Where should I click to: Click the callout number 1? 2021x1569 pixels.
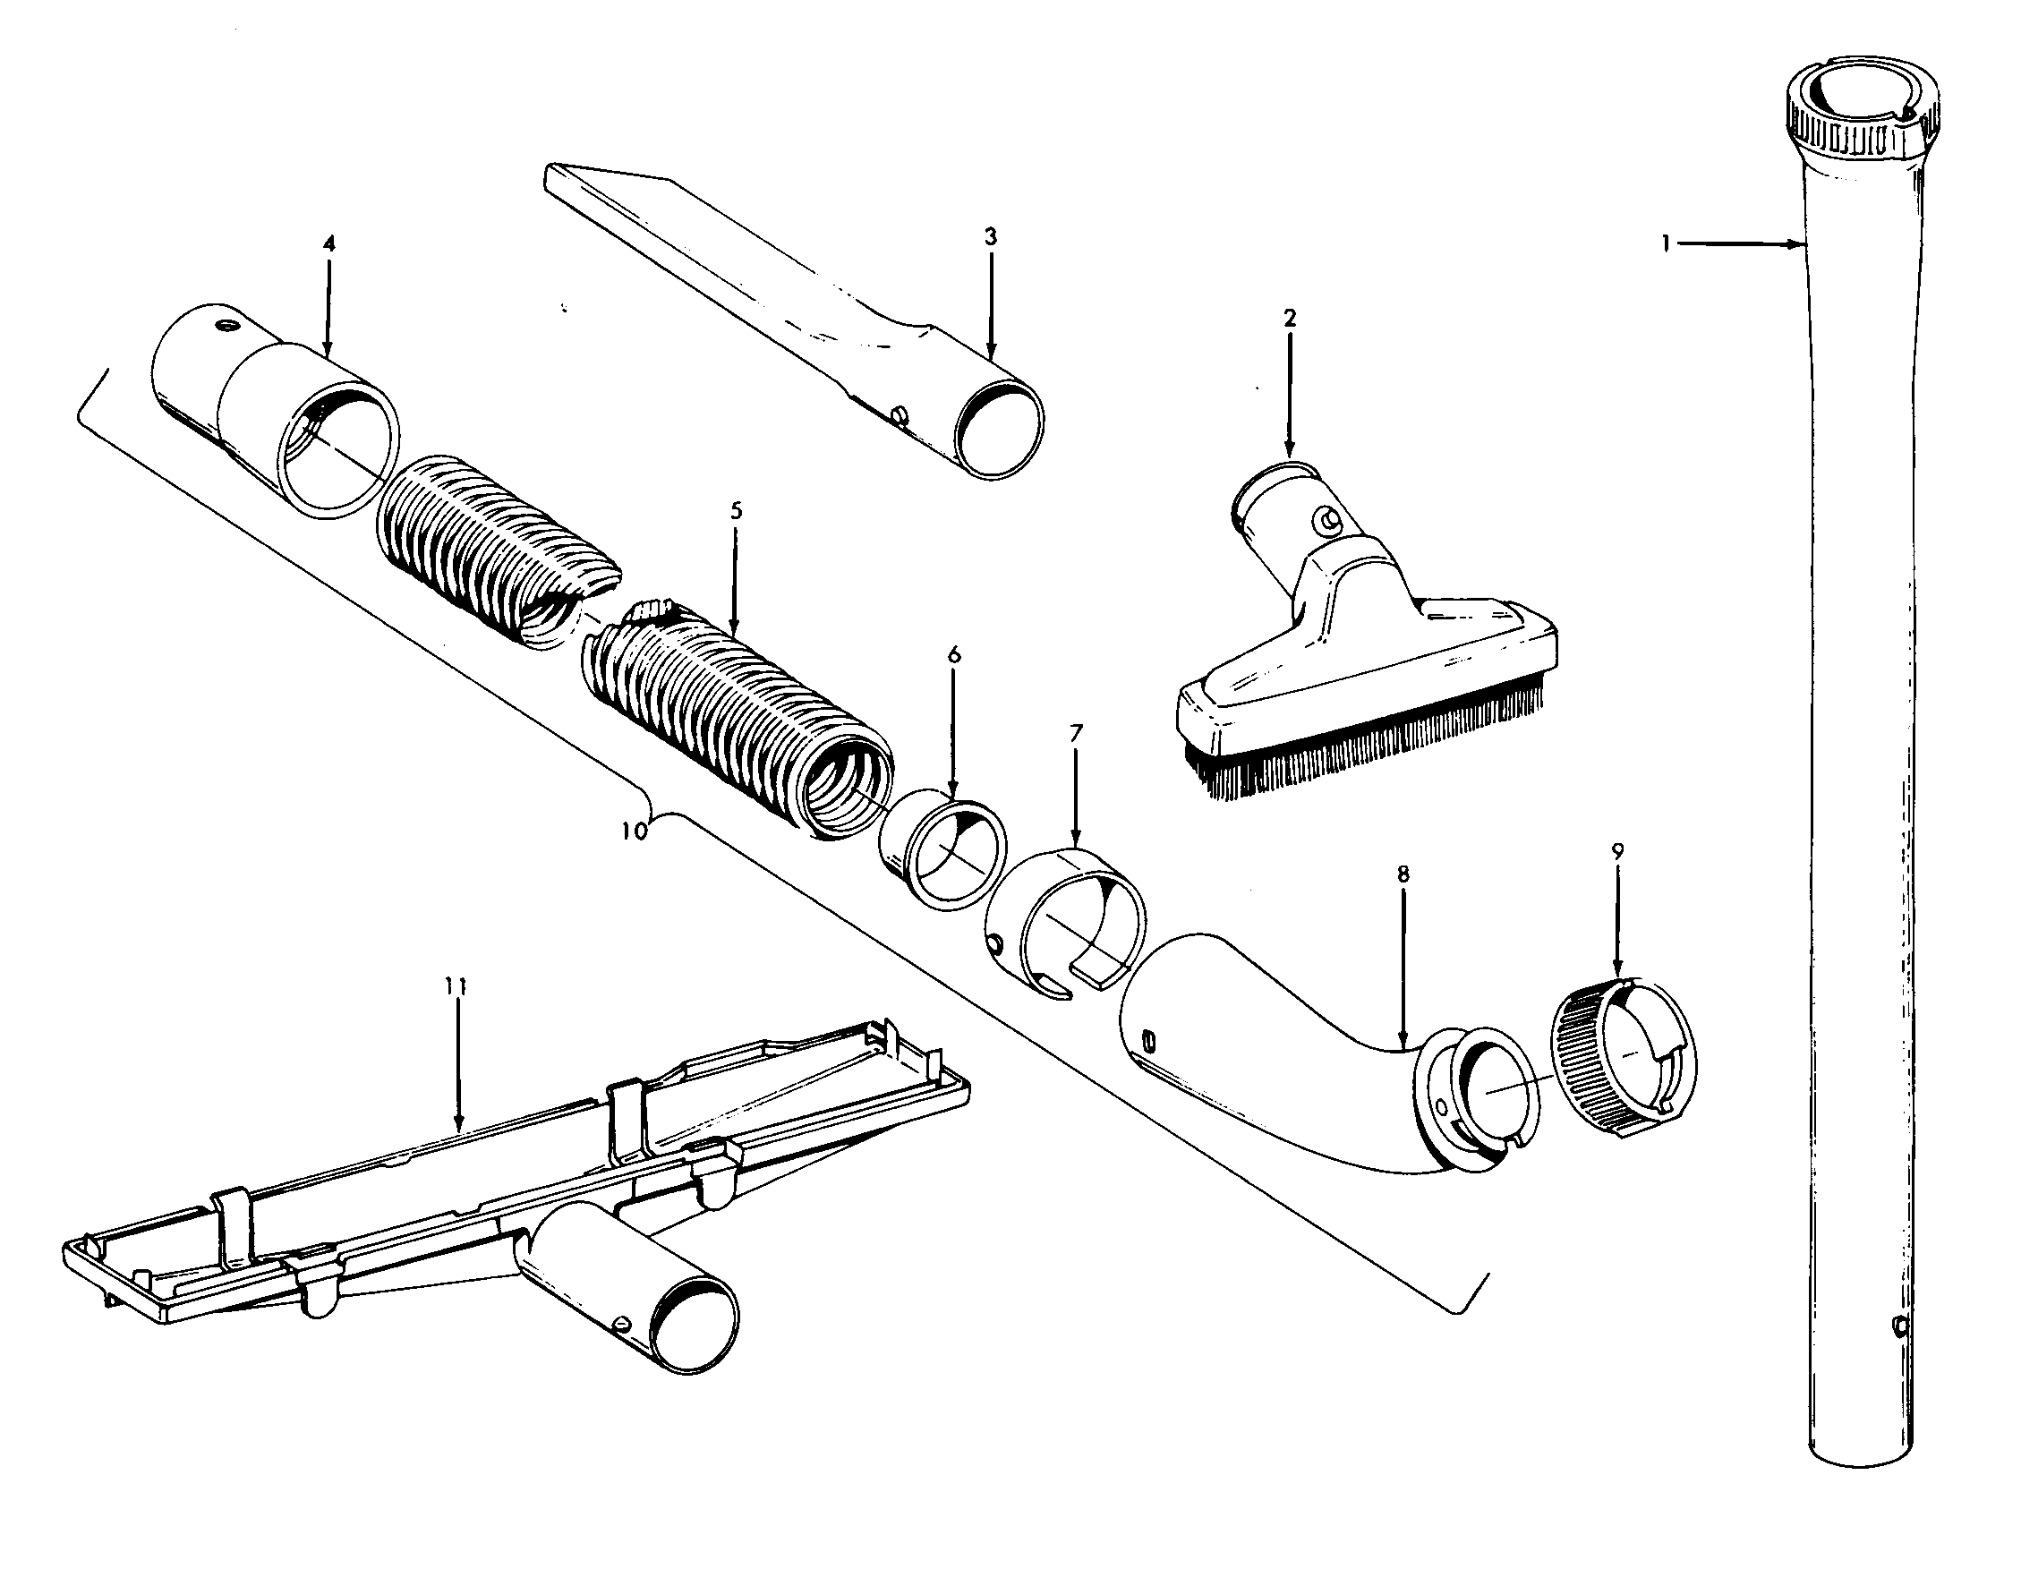[1665, 245]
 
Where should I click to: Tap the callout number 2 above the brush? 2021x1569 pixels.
[1290, 319]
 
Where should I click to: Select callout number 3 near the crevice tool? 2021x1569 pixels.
[990, 237]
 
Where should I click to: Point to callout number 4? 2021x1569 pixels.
[328, 244]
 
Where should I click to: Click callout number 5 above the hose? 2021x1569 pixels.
[736, 511]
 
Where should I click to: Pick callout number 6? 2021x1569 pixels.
[954, 655]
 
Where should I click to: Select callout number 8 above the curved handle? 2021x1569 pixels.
[1403, 873]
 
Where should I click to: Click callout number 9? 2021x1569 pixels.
[1617, 851]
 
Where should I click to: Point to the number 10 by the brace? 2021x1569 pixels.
[634, 830]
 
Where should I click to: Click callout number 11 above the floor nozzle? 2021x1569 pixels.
[456, 987]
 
